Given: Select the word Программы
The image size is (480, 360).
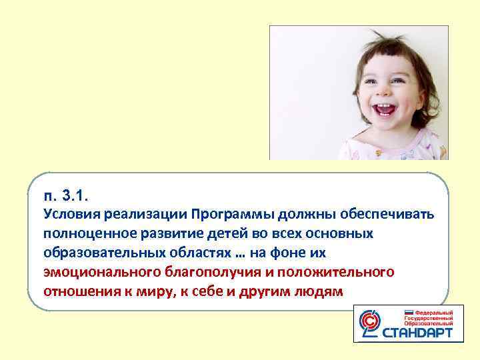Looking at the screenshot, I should click(227, 215).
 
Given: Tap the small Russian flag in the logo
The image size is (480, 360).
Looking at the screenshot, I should click(408, 311).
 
